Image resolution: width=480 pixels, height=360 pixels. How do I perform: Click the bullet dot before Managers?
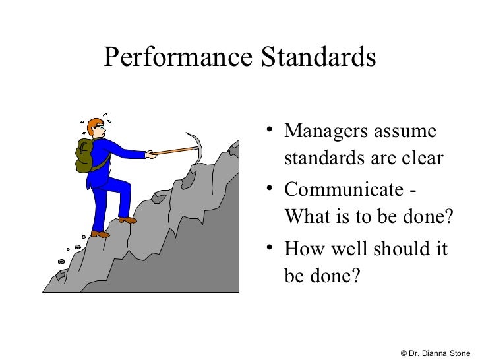(x=269, y=130)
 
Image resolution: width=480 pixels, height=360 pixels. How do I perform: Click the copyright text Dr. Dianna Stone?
(x=435, y=352)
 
